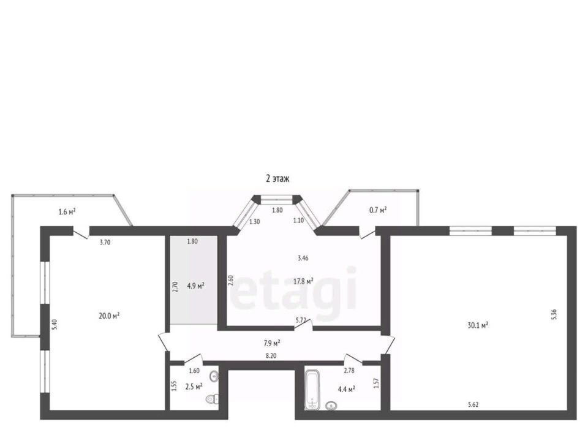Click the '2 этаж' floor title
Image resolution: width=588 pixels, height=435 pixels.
[x=277, y=178]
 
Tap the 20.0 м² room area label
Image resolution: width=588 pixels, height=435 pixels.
[x=109, y=316]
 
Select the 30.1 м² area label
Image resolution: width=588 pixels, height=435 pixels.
[x=478, y=325]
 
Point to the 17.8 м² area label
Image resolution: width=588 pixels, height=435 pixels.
[x=303, y=281]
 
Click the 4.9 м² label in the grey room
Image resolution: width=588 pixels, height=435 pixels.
[x=195, y=286]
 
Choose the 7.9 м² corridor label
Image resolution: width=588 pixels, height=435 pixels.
[x=272, y=342]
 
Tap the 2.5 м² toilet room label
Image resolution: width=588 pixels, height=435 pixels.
[x=194, y=386]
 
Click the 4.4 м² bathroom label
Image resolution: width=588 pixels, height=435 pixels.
[x=347, y=389]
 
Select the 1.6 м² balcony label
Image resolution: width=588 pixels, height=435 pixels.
[x=67, y=212]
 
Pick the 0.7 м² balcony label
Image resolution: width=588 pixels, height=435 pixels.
[x=378, y=210]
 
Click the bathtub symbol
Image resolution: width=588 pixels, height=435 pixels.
[x=312, y=390]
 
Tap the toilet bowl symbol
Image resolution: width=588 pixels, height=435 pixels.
[x=213, y=399]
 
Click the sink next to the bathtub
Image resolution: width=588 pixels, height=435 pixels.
[x=331, y=406]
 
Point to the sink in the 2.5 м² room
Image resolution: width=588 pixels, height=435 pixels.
[x=214, y=376]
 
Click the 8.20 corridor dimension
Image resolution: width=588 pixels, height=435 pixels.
[x=271, y=356]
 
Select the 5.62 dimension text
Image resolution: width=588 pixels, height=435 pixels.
[x=473, y=404]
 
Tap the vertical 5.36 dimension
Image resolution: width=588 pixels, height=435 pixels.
[x=554, y=314]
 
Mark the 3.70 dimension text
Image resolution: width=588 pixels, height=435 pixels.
[x=105, y=242]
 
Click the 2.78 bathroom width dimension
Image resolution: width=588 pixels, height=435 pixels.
[x=349, y=371]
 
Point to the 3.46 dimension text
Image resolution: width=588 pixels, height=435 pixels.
[x=303, y=258]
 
